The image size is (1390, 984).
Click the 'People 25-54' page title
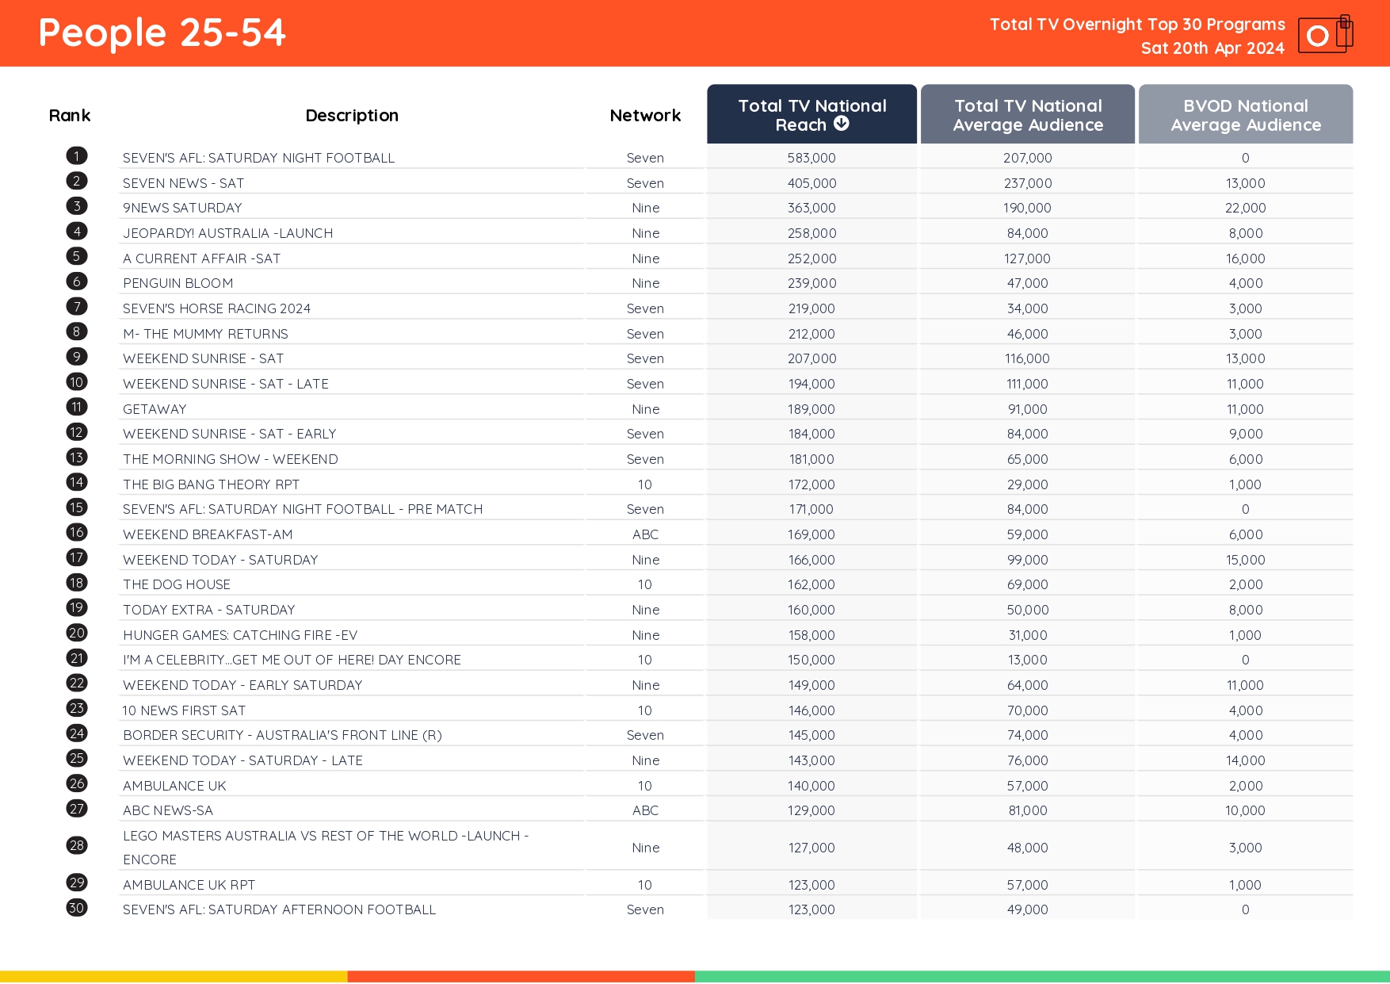pyautogui.click(x=162, y=33)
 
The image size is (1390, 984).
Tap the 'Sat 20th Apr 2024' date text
pyautogui.click(x=1212, y=48)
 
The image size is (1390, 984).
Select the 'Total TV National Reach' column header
pyautogui.click(x=811, y=114)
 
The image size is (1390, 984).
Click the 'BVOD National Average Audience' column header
pyautogui.click(x=1245, y=114)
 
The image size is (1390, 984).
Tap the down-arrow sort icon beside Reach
pyautogui.click(x=842, y=124)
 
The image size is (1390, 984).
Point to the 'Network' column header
pyautogui.click(x=645, y=116)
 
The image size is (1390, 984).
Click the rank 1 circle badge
pyautogui.click(x=77, y=156)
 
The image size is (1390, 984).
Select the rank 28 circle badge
pyautogui.click(x=77, y=845)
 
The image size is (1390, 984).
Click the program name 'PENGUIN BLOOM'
pyautogui.click(x=178, y=283)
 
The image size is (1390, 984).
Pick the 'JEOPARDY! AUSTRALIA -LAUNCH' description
pyautogui.click(x=227, y=233)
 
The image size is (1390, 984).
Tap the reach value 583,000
pyautogui.click(x=811, y=158)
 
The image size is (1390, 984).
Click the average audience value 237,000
pyautogui.click(x=1027, y=183)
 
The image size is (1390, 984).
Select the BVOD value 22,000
pyautogui.click(x=1245, y=208)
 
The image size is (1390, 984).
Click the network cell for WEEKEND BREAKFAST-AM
pyautogui.click(x=645, y=534)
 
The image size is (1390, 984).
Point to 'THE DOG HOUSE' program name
pyautogui.click(x=177, y=584)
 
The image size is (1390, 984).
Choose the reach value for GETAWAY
pyautogui.click(x=811, y=409)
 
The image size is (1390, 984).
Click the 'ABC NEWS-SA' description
pyautogui.click(x=168, y=810)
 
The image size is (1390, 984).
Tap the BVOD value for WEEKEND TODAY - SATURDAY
pyautogui.click(x=1245, y=560)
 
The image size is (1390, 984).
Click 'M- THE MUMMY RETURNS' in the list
pyautogui.click(x=205, y=334)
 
